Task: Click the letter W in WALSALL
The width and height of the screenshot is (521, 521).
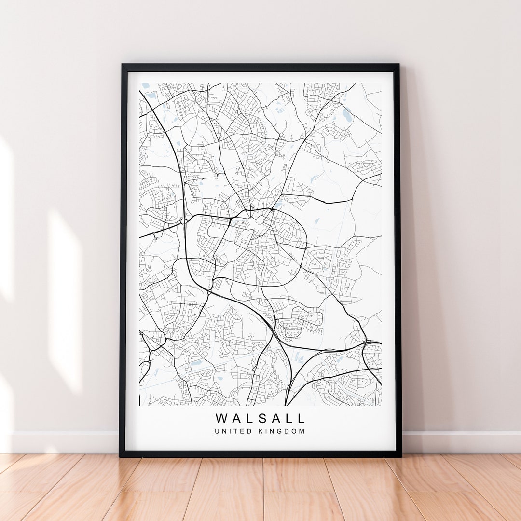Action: pos(221,418)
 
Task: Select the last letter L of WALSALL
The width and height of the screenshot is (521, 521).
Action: pos(302,418)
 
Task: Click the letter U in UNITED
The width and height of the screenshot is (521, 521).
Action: pos(218,431)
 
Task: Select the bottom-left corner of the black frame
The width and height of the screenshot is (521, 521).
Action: pos(121,456)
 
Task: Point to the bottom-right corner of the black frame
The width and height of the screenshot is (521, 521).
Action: pos(400,456)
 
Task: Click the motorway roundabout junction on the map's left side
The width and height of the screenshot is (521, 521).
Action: pos(183,221)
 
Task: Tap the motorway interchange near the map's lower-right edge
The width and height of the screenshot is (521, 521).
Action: pos(367,343)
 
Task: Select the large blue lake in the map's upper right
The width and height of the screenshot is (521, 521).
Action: pos(347,114)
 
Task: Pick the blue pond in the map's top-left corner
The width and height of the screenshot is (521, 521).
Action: pos(146,86)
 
